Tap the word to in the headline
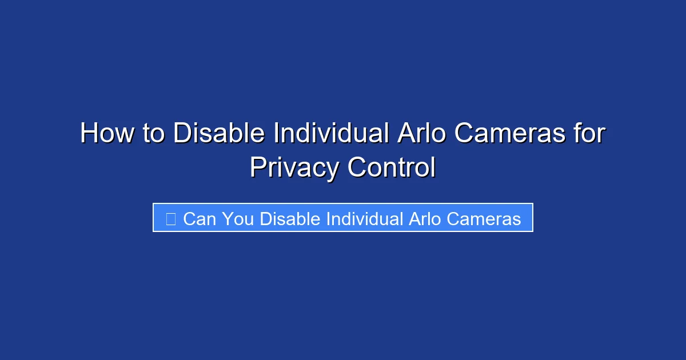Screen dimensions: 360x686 pos(153,134)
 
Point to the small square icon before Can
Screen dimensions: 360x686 pos(170,218)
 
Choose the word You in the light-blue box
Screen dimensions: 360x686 pos(238,219)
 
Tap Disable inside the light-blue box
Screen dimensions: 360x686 pos(290,219)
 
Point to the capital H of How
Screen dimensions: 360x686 pos(87,134)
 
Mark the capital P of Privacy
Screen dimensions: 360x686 pos(256,168)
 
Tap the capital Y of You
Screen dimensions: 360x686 pos(227,219)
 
